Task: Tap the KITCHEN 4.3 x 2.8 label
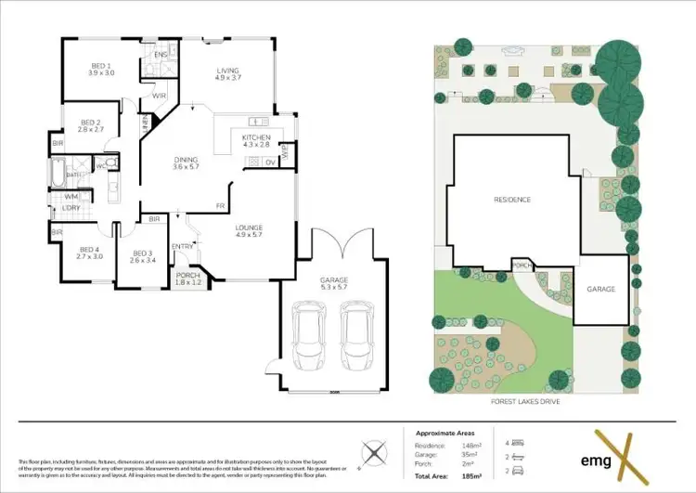tap(256, 141)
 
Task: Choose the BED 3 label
tap(141, 257)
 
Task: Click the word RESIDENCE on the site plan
tap(511, 200)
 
